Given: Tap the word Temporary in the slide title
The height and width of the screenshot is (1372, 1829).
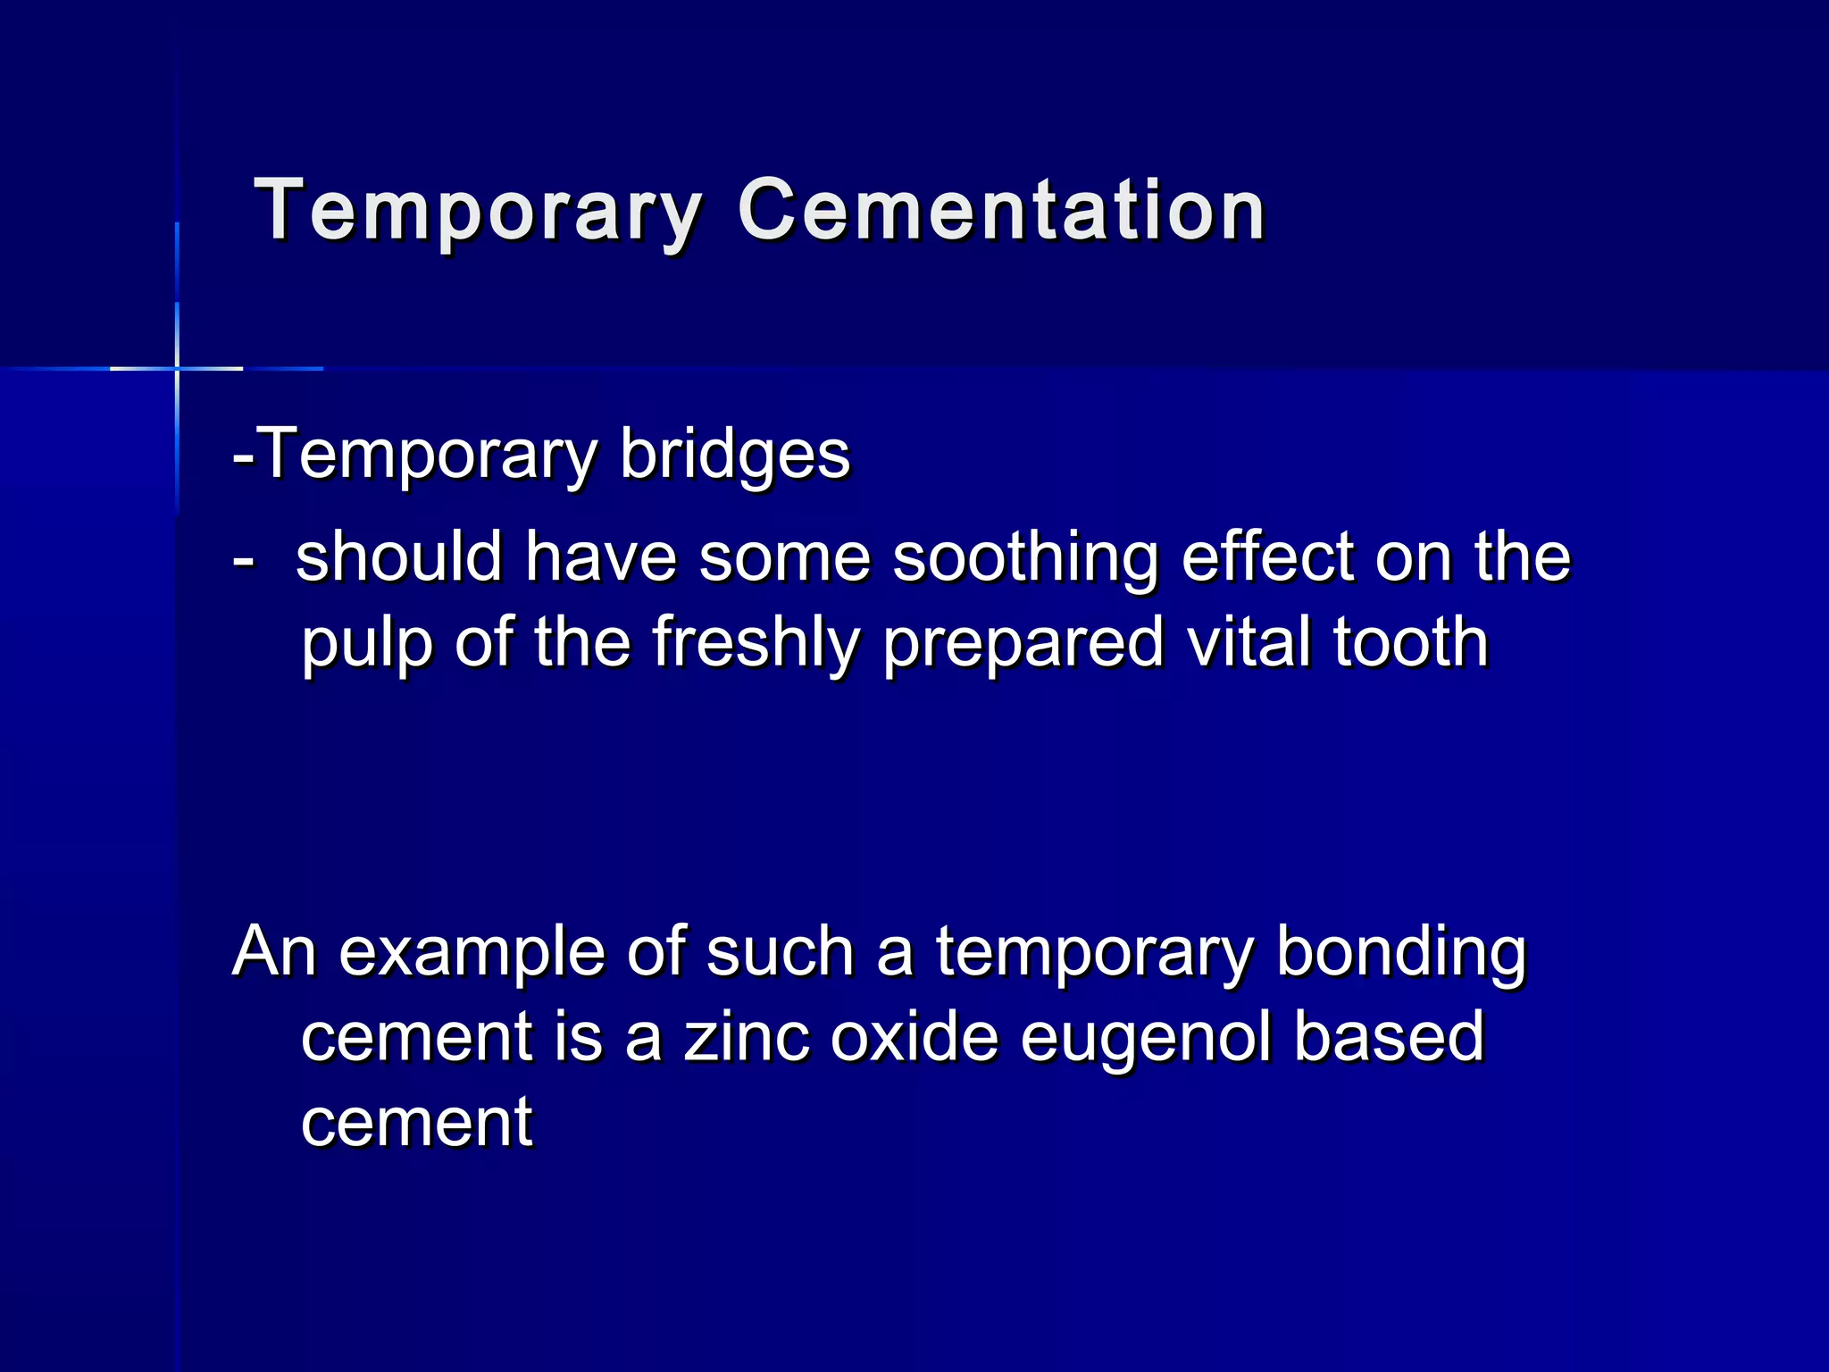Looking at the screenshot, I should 478,211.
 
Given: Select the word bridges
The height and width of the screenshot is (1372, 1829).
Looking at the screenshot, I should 734,455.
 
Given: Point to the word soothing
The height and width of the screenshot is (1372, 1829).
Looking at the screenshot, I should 1025,557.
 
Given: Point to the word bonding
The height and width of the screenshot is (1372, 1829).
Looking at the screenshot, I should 1401,953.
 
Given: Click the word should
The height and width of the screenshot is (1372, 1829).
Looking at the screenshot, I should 399,557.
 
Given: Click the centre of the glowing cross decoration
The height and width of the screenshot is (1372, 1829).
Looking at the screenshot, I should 177,368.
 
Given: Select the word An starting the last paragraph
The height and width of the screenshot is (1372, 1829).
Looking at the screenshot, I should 274,953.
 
